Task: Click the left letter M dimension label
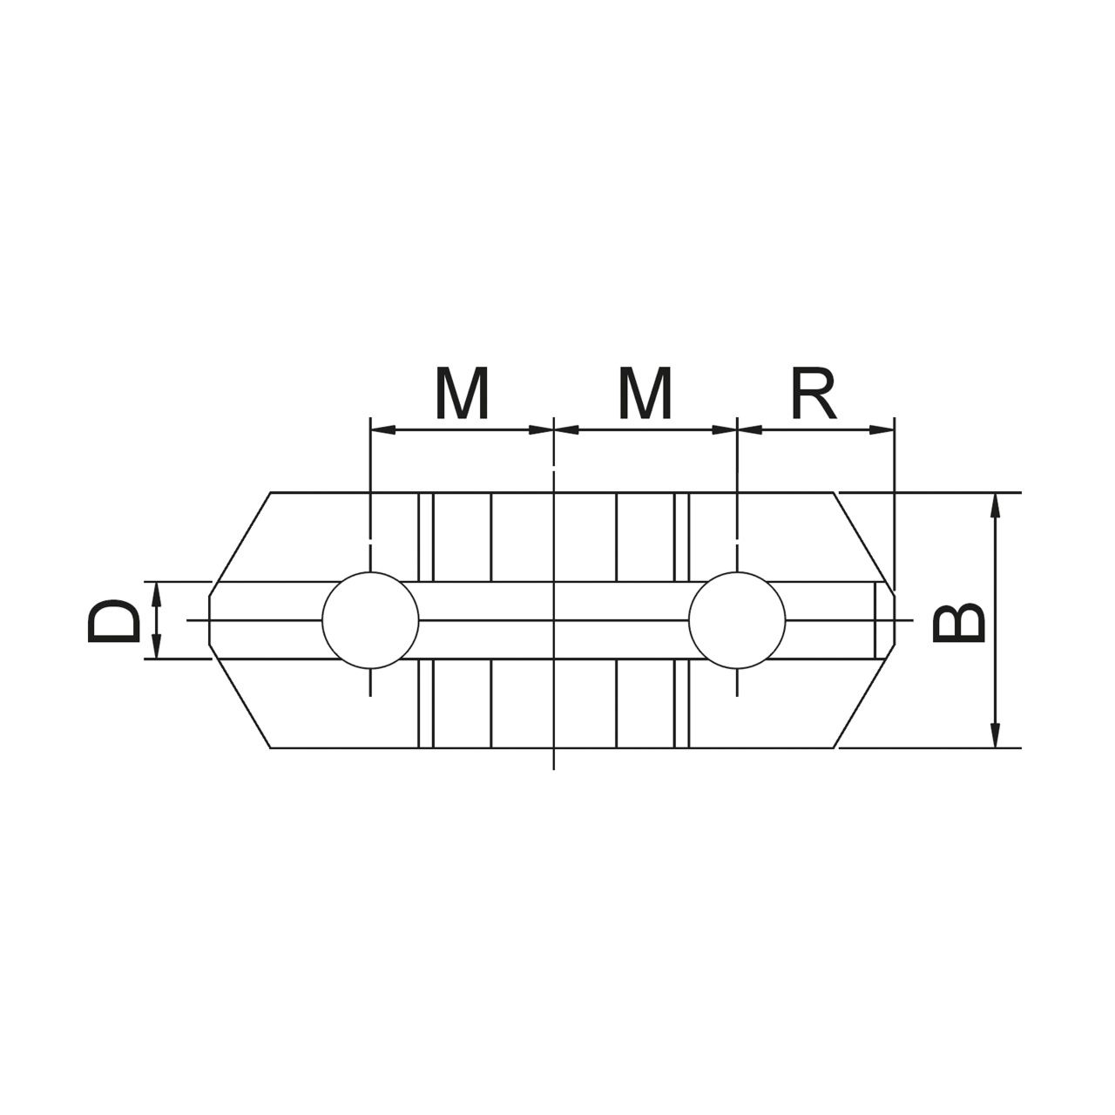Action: [462, 392]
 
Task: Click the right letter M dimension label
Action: [645, 392]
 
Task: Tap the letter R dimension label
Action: [814, 392]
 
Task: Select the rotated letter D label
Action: [114, 620]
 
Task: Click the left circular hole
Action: [370, 620]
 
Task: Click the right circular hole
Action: [737, 620]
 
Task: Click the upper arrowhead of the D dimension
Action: [156, 594]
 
